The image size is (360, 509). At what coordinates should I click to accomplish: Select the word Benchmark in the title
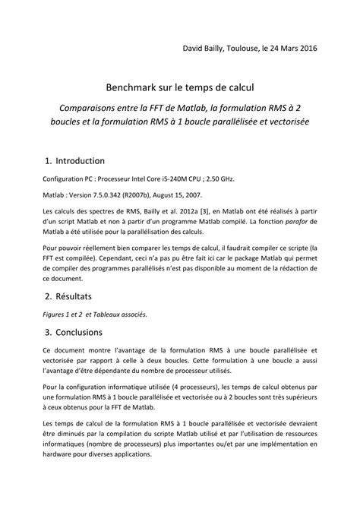[x=134, y=90]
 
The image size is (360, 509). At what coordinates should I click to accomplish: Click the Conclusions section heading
[x=84, y=331]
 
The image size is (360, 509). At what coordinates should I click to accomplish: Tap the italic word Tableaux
[x=109, y=312]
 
